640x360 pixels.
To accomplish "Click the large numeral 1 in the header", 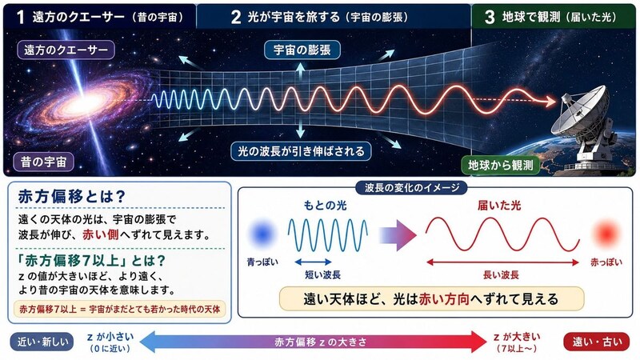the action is point(21,17).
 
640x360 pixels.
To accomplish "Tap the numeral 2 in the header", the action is point(236,17).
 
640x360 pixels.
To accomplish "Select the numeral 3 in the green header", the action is point(490,17).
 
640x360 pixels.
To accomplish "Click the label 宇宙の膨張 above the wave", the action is point(302,50).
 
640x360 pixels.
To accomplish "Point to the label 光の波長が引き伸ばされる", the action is point(301,151).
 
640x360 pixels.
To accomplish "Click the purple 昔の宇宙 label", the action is point(43,162).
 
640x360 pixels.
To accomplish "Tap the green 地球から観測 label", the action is point(501,165).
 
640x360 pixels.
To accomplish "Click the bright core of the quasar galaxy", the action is point(86,101).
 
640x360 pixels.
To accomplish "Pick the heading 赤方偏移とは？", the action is point(71,197).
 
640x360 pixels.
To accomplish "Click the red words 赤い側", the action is point(101,234).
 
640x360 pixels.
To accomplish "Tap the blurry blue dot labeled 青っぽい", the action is point(262,234).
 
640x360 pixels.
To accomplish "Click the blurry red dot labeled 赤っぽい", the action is point(606,234).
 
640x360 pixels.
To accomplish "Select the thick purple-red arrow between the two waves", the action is point(398,235).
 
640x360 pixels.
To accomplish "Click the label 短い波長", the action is point(322,274).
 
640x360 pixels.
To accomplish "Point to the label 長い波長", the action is point(501,274).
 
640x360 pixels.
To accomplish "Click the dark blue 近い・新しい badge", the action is point(42,342).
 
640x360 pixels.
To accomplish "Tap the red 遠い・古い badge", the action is point(597,342).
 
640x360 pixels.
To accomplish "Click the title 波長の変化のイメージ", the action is point(411,188).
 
